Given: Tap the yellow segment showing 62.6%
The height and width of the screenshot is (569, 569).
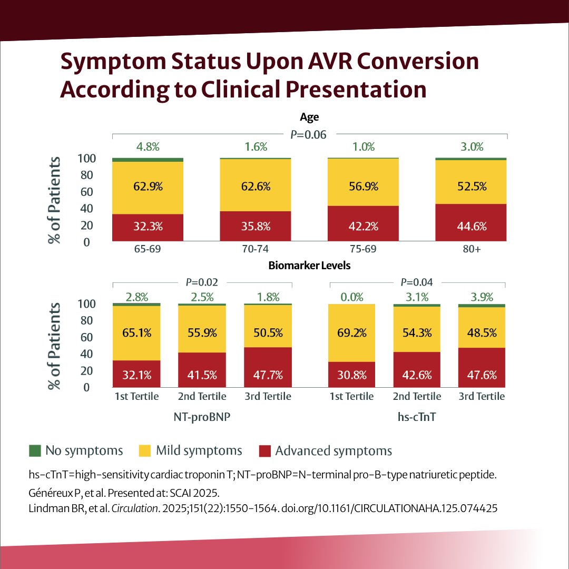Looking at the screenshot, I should point(256,185).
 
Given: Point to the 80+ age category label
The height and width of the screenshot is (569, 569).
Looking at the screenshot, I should point(471,250).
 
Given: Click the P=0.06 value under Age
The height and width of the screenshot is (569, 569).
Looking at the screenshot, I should point(309,135).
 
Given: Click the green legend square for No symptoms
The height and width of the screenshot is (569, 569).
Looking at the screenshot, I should point(35,451).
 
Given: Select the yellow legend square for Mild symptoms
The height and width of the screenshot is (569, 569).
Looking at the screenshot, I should point(145,451).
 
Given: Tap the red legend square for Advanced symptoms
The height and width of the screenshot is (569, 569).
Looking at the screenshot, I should point(265,451).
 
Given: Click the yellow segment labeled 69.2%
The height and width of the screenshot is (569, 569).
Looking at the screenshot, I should point(351,333).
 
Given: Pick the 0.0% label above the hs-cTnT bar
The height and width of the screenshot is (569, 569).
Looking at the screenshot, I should point(351,297).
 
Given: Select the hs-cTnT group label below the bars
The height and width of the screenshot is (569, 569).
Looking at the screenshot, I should point(417,416).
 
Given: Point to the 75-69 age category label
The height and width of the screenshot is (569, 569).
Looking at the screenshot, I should point(363,250).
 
